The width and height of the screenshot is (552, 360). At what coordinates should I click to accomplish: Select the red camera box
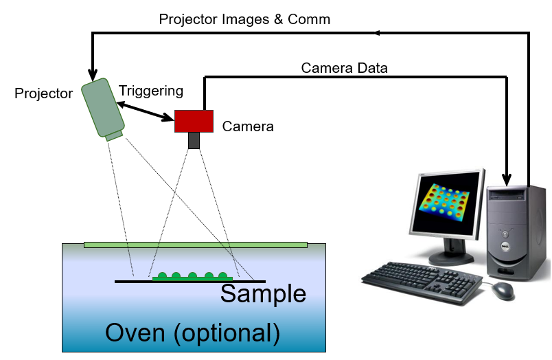[194, 120]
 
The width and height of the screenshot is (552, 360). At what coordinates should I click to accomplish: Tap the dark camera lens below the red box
[194, 139]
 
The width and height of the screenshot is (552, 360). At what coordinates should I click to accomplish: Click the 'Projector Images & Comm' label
[244, 19]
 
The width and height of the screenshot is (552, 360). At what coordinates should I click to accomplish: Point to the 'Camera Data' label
[345, 68]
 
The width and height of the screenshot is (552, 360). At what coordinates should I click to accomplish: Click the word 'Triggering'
[151, 91]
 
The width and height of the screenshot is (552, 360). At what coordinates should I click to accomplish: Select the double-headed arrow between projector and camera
[145, 111]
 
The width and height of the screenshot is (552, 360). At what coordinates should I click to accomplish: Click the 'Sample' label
[263, 293]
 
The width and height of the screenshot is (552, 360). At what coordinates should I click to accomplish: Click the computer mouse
[503, 291]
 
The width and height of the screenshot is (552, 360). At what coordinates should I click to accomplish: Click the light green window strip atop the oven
[195, 244]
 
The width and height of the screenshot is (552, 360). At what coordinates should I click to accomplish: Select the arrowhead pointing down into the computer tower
[508, 180]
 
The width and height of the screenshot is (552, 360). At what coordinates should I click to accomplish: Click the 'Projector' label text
[44, 93]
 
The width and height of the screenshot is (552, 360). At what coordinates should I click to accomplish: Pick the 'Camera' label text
[248, 126]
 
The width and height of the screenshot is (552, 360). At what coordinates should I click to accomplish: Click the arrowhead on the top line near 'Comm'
[379, 32]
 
